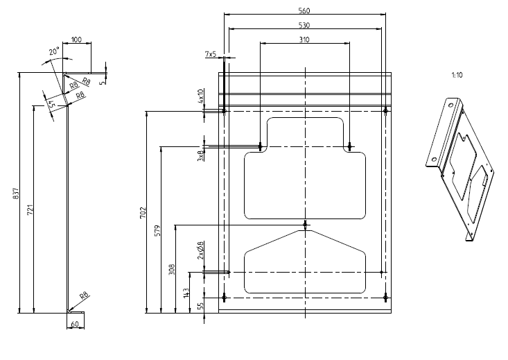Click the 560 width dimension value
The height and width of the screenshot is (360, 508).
(304, 10)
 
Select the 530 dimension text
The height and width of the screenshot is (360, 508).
(304, 25)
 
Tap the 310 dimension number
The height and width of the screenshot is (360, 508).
(304, 40)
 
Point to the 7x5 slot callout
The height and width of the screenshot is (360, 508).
(211, 54)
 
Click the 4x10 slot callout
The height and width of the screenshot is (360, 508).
(200, 96)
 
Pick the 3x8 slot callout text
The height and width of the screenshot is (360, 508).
(200, 155)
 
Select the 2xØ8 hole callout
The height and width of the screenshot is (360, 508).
(200, 250)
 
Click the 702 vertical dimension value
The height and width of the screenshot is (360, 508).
(143, 213)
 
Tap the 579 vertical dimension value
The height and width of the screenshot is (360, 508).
(157, 230)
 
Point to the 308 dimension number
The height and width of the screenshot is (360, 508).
(172, 270)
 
